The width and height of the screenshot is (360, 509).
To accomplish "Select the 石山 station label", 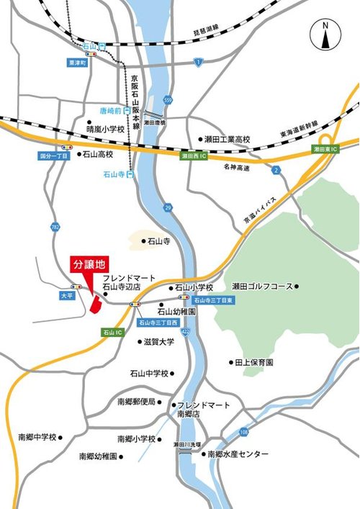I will (89, 46).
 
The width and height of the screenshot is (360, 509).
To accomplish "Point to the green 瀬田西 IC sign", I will (193, 155).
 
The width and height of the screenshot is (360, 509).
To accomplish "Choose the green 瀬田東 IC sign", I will (325, 148).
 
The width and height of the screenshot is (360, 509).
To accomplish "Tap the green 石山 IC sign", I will (113, 333).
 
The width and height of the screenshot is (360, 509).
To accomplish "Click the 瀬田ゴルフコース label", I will (262, 287).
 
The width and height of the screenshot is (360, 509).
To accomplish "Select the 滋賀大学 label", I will (158, 341).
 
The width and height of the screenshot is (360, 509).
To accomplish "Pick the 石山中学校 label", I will (149, 374).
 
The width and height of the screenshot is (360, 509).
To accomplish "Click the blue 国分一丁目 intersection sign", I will (53, 156).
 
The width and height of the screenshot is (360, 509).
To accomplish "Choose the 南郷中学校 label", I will (38, 437).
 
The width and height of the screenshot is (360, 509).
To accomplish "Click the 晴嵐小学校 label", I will (106, 130).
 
